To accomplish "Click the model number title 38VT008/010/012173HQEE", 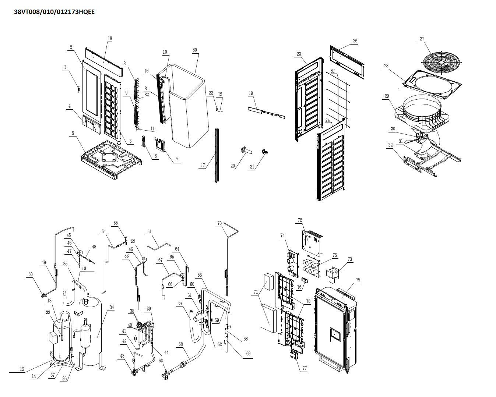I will click(x=54, y=12).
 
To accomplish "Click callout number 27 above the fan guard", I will click(x=422, y=39).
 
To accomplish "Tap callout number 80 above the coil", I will click(x=194, y=50).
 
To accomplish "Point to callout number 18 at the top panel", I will click(x=110, y=39).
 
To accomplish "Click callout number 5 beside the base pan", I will click(x=73, y=133).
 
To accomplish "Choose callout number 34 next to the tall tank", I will click(x=112, y=308).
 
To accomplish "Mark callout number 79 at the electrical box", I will click(x=358, y=280).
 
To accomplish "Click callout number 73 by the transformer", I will click(x=349, y=259).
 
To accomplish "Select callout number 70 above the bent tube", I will click(x=219, y=223).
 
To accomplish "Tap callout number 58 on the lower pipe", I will click(x=180, y=344).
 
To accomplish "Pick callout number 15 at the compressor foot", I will click(x=22, y=369).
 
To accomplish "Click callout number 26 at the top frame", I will click(x=355, y=41).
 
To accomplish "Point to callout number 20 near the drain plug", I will click(x=233, y=166).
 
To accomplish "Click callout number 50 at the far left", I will click(x=31, y=274).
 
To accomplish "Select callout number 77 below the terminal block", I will click(x=304, y=368).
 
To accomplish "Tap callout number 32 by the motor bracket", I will click(x=390, y=145).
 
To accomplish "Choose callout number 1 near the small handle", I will click(x=65, y=67).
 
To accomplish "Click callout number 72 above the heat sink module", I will click(x=300, y=220).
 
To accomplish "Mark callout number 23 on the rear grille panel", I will click(x=299, y=54).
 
